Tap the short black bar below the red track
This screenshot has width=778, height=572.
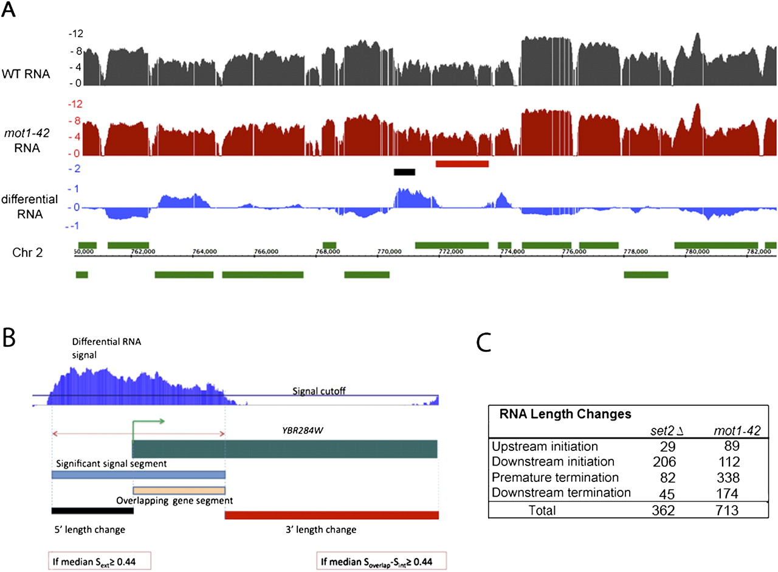click(404, 172)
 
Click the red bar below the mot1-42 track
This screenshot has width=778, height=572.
click(462, 164)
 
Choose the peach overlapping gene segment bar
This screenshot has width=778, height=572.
click(179, 490)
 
